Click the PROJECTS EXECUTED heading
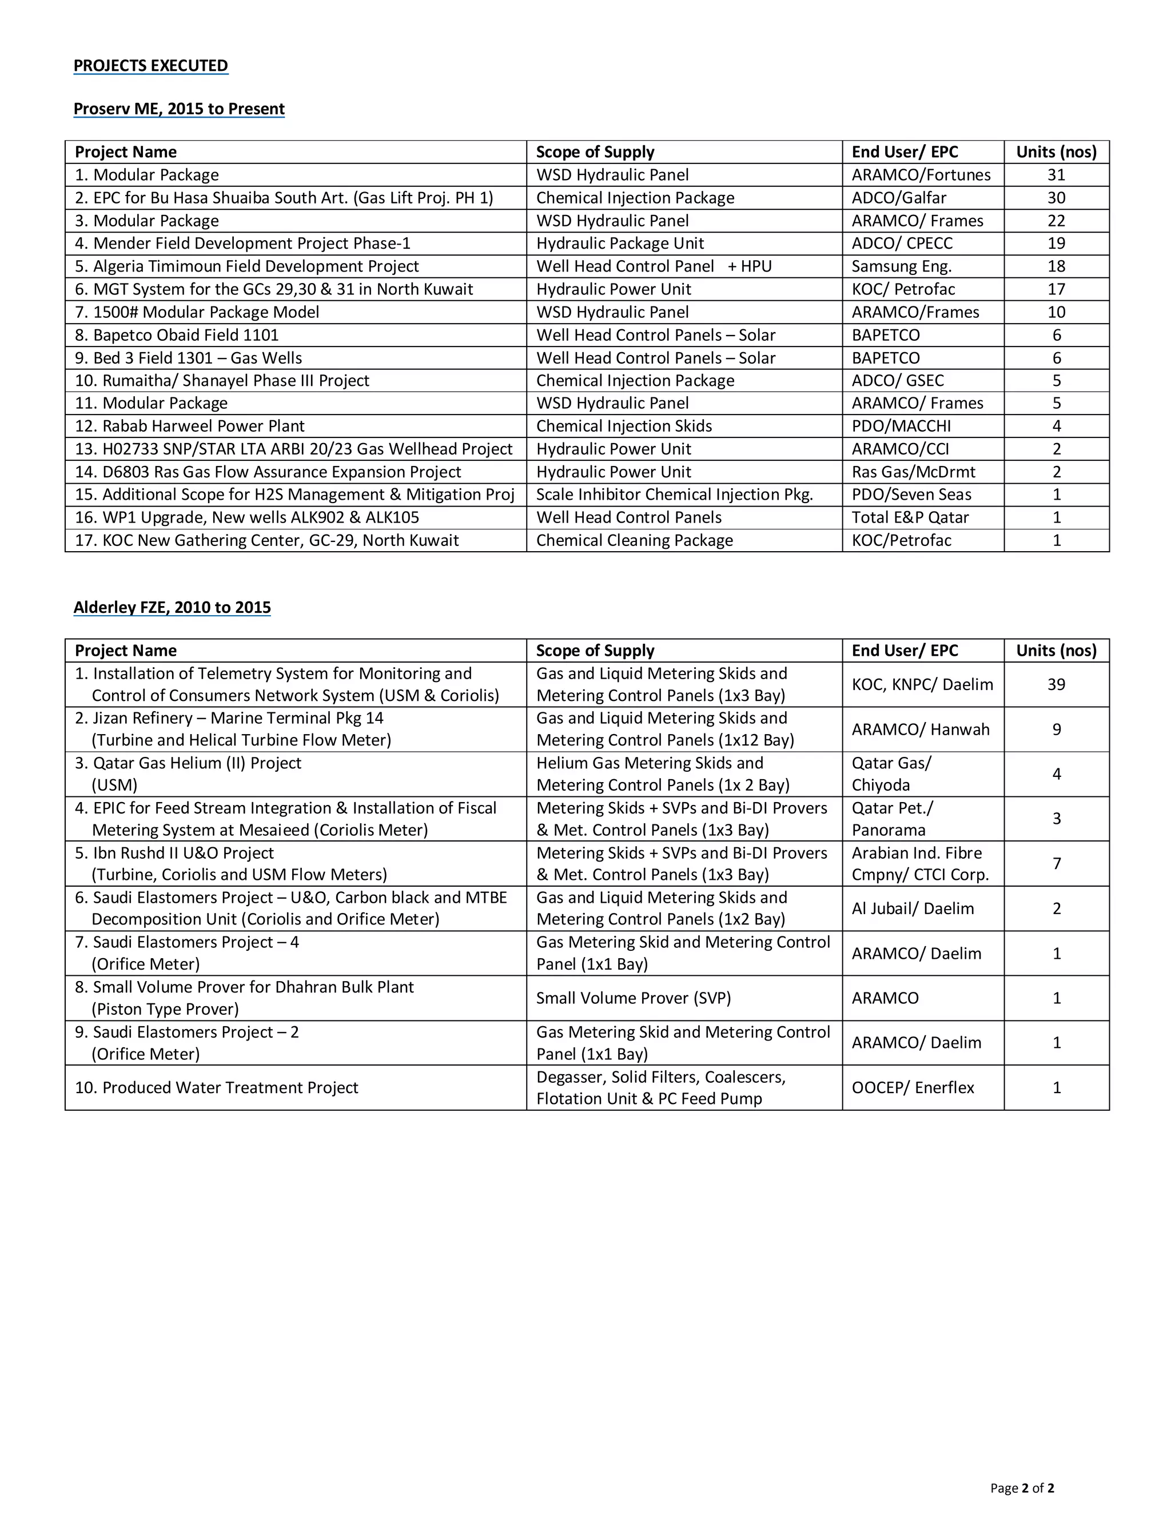point(150,65)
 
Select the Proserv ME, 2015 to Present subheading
point(179,109)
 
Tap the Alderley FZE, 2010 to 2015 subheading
point(172,607)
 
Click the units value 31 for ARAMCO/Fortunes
point(1056,175)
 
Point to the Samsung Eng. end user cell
point(901,266)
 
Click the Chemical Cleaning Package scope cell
point(634,540)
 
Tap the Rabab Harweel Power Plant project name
point(189,426)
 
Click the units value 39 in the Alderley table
point(1056,685)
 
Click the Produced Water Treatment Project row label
point(217,1088)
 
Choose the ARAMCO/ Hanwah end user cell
point(921,729)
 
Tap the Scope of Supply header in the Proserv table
point(595,152)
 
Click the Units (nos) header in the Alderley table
point(1056,651)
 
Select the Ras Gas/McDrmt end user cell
point(913,472)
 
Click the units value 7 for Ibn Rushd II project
point(1057,864)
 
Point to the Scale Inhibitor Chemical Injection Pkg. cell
point(674,495)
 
